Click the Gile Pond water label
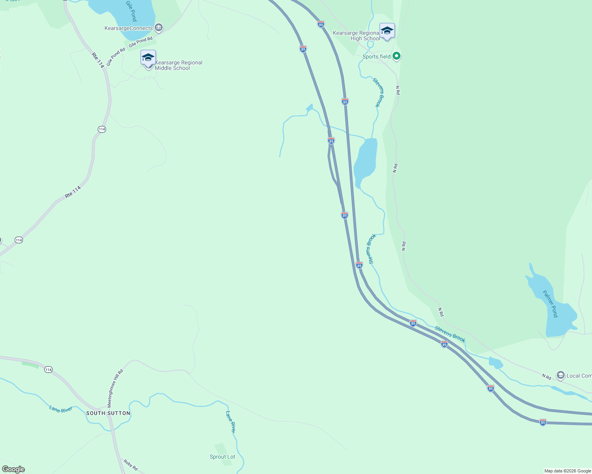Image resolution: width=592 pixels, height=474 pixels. click(131, 11)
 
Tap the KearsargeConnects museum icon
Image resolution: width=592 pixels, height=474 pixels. click(158, 28)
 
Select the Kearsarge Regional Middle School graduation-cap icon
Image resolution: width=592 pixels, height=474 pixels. click(148, 58)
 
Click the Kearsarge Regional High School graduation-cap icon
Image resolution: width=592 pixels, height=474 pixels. click(387, 31)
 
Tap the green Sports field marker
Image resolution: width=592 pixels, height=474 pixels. click(396, 56)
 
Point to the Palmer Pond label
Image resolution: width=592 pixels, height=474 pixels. click(550, 304)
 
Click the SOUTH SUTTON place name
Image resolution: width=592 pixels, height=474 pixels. click(108, 413)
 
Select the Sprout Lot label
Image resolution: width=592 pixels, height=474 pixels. click(222, 457)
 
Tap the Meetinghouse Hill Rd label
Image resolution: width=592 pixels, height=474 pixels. click(116, 389)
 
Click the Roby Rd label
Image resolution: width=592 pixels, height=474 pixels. click(130, 465)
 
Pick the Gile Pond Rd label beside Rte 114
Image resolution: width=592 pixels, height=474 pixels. click(116, 57)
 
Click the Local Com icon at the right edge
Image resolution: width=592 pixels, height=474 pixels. click(560, 375)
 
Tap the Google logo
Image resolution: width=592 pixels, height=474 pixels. click(13, 469)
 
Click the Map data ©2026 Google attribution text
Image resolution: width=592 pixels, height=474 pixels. click(567, 471)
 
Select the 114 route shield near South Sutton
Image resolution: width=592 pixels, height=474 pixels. click(48, 370)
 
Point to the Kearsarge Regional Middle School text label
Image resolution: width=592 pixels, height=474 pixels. click(178, 65)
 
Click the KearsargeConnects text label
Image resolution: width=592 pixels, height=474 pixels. click(129, 28)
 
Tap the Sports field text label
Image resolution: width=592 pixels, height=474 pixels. click(376, 56)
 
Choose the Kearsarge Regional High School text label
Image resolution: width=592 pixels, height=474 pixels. click(356, 36)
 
